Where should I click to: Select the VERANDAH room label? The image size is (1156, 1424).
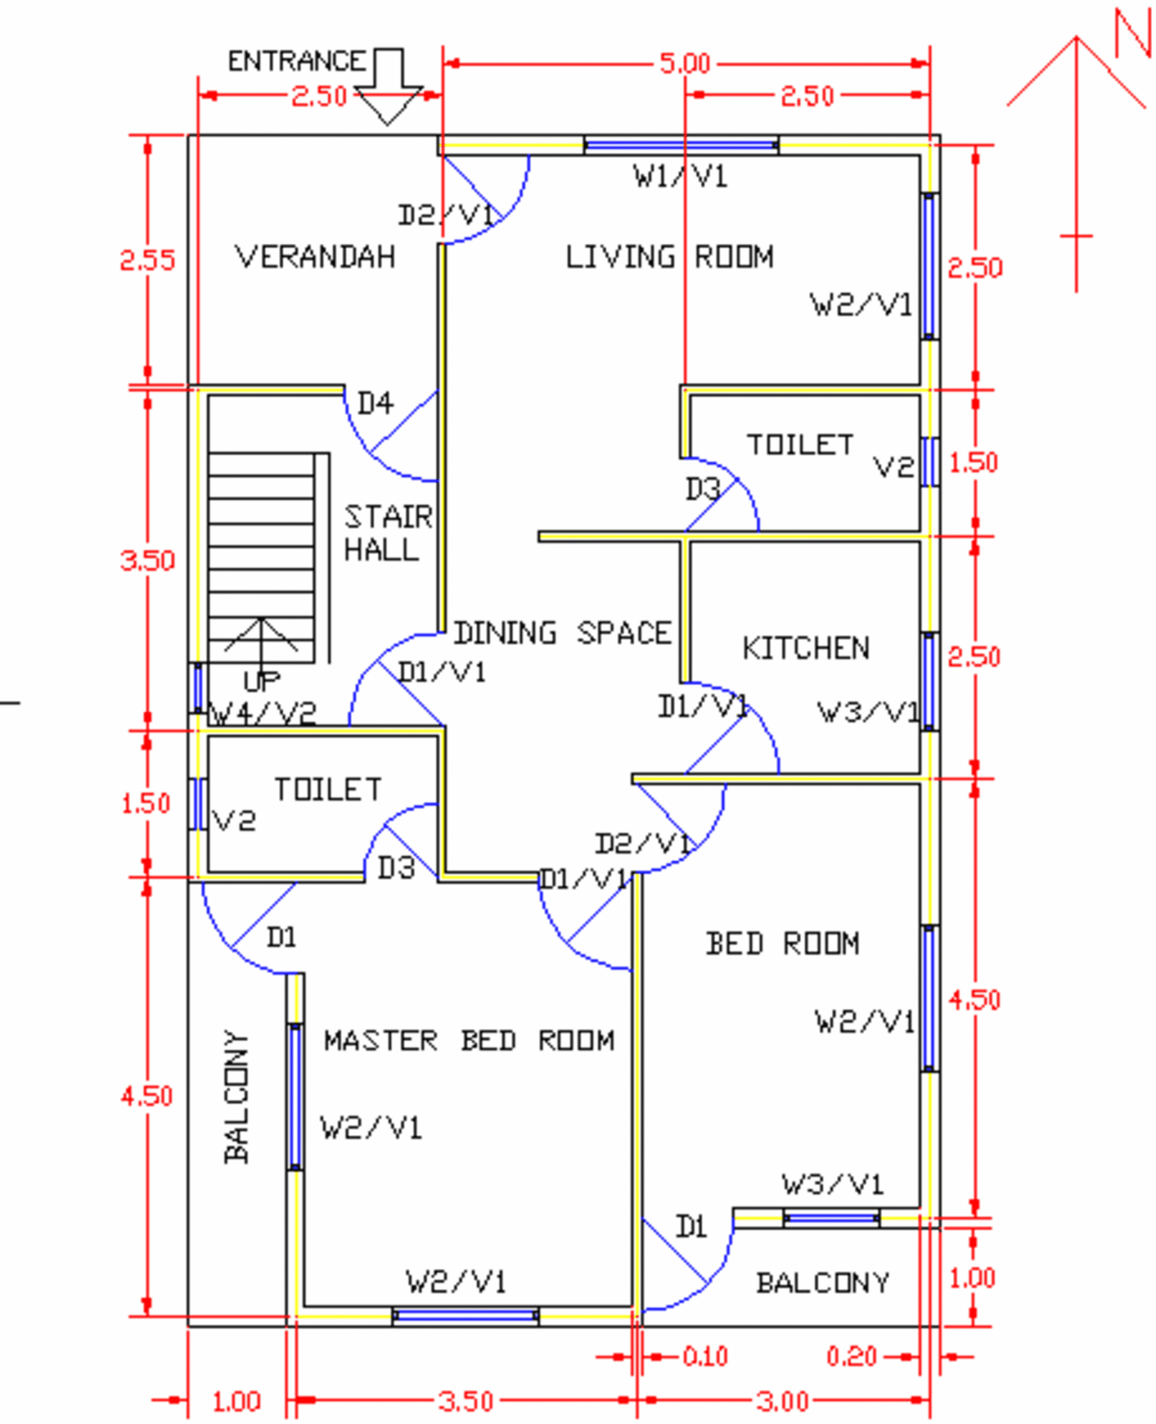(315, 257)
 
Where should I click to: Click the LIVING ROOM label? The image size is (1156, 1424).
(669, 257)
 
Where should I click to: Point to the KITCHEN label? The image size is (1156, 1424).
(805, 648)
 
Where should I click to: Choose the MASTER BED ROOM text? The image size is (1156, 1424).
(469, 1040)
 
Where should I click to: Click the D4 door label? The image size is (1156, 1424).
(375, 403)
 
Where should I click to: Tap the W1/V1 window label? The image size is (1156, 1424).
(679, 177)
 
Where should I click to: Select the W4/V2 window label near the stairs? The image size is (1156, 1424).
(263, 713)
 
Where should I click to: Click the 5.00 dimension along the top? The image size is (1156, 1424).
(684, 64)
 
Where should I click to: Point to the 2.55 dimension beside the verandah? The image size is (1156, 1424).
(147, 260)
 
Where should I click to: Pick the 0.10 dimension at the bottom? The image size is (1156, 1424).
(704, 1356)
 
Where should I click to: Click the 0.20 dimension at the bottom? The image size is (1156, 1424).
(851, 1356)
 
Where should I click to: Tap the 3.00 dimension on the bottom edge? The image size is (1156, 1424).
(782, 1401)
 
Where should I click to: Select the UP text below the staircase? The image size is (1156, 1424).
(262, 681)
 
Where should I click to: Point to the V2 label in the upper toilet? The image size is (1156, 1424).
(893, 467)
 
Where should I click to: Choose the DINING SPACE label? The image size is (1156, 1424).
(562, 633)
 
